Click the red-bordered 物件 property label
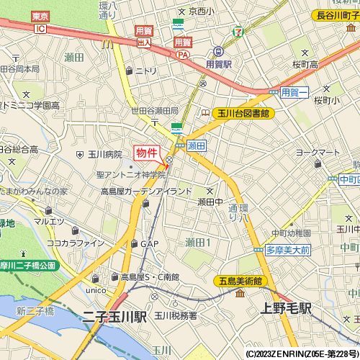pos(147,153)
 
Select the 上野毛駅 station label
pos(285,308)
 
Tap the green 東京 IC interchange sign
pos(40,22)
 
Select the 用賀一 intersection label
pos(294,92)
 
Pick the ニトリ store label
pos(145,71)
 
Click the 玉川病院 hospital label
pos(104,154)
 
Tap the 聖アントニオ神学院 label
pos(132,175)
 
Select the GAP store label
pos(149,244)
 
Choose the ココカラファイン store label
pos(76,243)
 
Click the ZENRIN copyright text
pos(302,354)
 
